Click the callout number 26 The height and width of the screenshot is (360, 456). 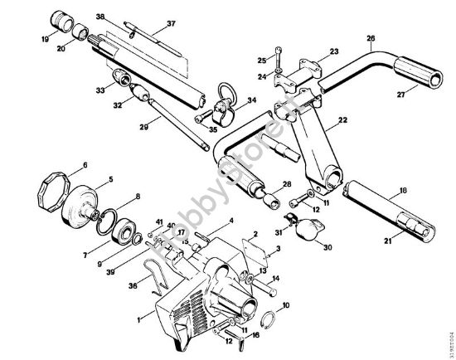pos(371,37)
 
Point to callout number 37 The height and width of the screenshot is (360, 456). pos(171,23)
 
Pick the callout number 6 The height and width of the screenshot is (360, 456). pos(84,165)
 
